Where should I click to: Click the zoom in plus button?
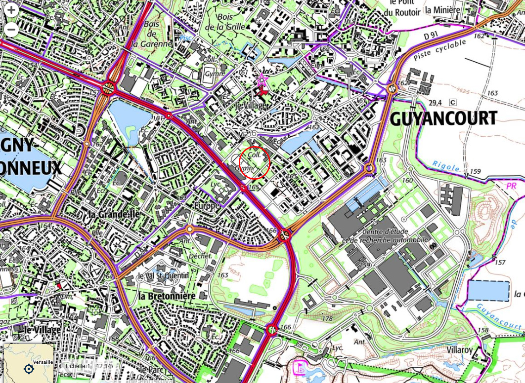coord(11,10)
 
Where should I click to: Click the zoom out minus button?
coord(11,30)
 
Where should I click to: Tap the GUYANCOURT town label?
coord(443,119)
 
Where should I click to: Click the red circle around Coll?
coord(255,162)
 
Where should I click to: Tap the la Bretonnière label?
coord(168,296)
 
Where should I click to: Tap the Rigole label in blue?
coord(446,166)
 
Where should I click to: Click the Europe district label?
coord(206,205)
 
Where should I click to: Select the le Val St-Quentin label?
coord(164,275)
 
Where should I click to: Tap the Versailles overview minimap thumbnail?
coord(28,363)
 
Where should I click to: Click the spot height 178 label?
coord(327,319)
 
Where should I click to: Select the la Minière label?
coord(442,10)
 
